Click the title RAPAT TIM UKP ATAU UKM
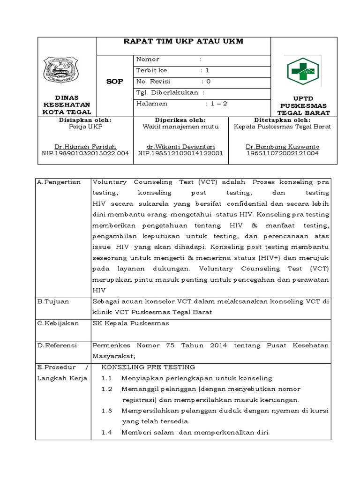coord(183,42)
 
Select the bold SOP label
coord(114,81)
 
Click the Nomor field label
coord(148,60)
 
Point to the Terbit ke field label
coord(151,70)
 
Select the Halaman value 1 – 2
coord(216,104)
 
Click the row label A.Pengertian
coord(59,182)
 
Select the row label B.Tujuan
coord(53,301)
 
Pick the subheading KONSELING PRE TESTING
coord(148,367)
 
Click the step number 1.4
coord(107,432)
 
